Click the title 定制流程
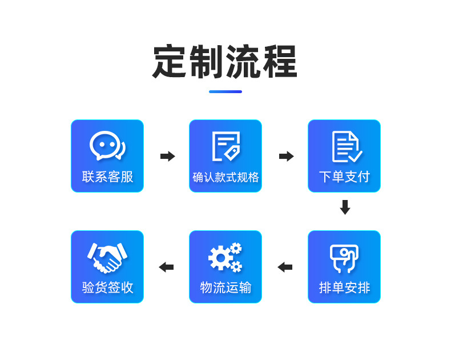pos(225,61)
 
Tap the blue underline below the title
pos(225,91)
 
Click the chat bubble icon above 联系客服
pos(107,146)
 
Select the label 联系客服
pos(107,177)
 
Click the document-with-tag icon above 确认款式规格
pos(226,146)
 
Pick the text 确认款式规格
pos(226,178)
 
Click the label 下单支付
pos(344,177)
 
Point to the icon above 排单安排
pos(344,258)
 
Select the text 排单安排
pos(344,287)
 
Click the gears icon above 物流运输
pos(226,257)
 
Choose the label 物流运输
pos(226,287)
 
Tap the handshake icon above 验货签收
pos(107,257)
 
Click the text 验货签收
pos(107,287)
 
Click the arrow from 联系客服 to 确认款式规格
pos(167,156)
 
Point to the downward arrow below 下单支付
pos(345,207)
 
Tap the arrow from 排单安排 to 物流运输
pos(285,267)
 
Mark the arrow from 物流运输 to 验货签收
pos(166,267)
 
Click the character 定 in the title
pos(170,61)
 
